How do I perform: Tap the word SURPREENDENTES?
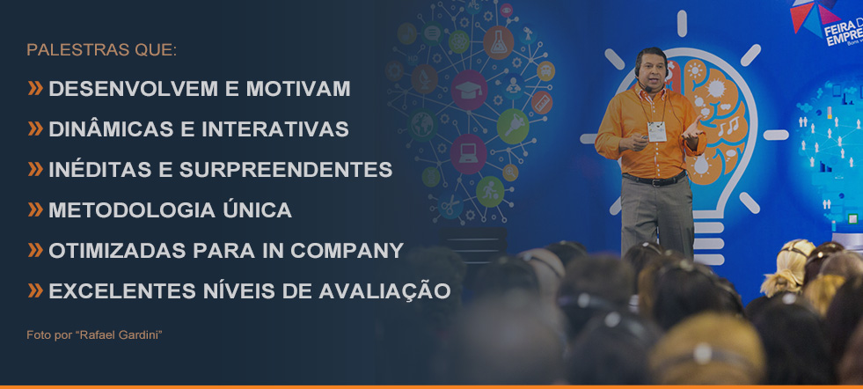(x=286, y=170)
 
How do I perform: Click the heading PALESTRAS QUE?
(x=102, y=49)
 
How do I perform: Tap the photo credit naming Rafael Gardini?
(x=94, y=335)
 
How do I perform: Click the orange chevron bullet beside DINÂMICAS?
(x=35, y=128)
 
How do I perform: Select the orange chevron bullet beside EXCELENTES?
(x=35, y=291)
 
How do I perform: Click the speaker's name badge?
(x=656, y=132)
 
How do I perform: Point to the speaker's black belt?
(x=655, y=179)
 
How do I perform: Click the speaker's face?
(x=652, y=69)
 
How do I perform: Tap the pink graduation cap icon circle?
(x=469, y=90)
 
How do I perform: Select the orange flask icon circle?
(x=499, y=42)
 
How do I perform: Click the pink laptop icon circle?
(x=468, y=154)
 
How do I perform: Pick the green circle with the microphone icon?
(x=513, y=126)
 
